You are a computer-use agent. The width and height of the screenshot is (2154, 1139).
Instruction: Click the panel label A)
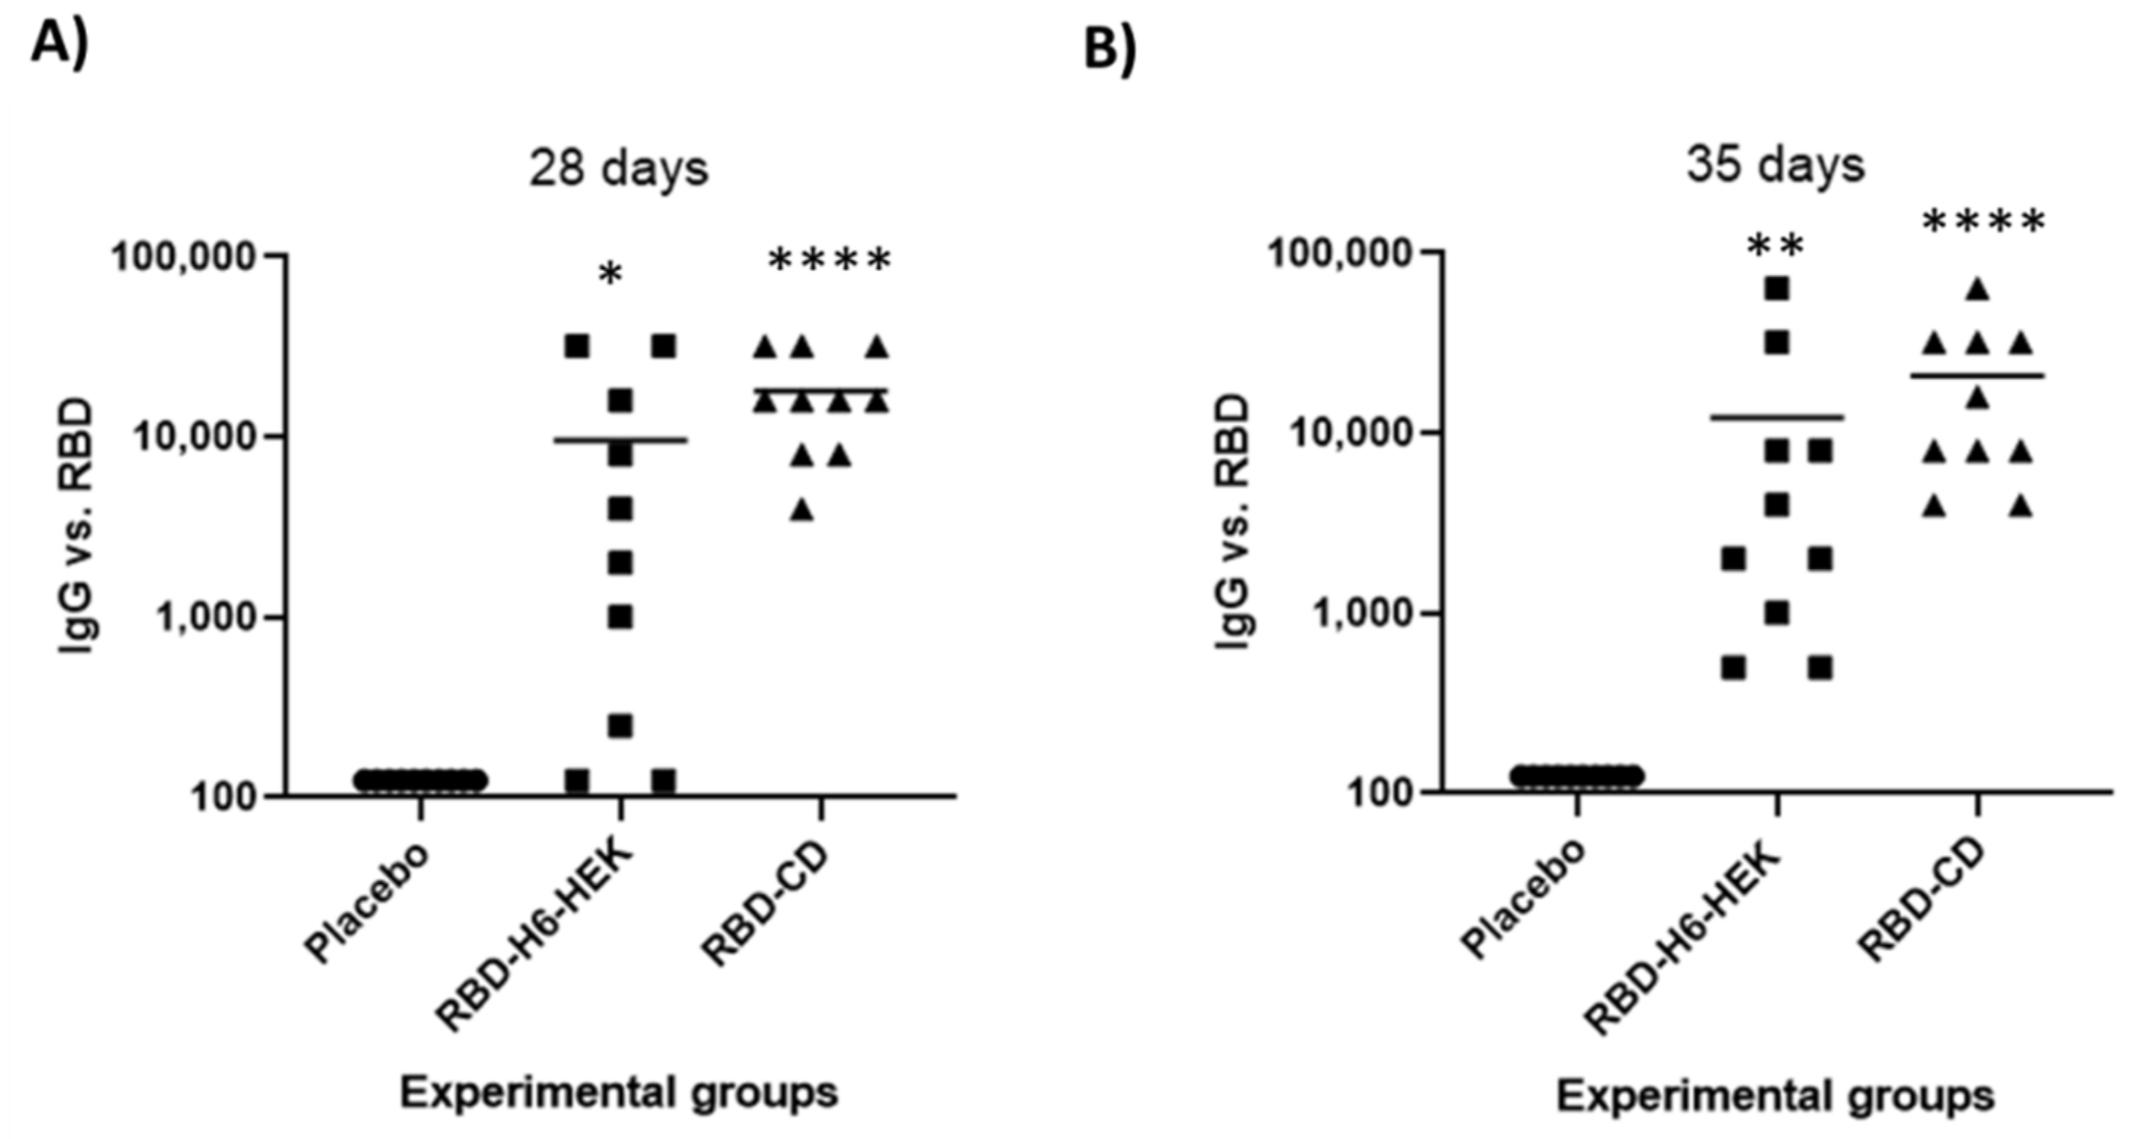click(58, 43)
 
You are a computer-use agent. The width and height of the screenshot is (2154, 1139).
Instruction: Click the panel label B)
click(1110, 48)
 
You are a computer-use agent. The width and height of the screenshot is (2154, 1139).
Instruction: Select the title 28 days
click(619, 169)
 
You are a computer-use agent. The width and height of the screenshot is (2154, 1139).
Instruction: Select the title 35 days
click(1775, 165)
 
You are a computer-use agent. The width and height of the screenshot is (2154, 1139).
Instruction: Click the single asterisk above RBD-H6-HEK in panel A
click(611, 274)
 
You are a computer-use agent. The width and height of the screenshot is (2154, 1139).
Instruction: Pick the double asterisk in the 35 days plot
click(1775, 247)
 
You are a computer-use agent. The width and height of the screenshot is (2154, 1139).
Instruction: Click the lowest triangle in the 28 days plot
click(802, 510)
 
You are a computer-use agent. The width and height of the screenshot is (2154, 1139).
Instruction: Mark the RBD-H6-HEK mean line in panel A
click(620, 440)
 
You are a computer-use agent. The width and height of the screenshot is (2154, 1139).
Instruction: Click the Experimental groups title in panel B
click(1775, 1096)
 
